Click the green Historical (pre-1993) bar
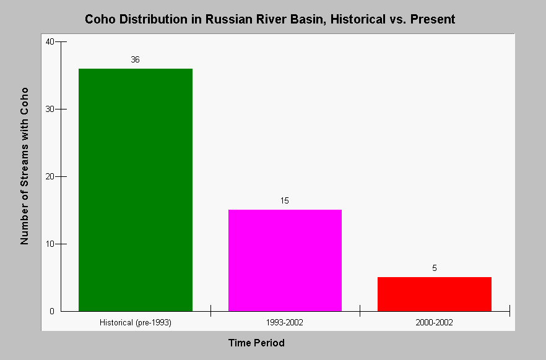click(x=136, y=190)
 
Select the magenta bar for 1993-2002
click(x=285, y=260)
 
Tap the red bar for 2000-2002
click(x=435, y=294)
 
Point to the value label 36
click(x=135, y=60)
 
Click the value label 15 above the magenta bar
click(x=285, y=200)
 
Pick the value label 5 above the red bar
click(x=434, y=268)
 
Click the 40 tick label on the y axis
click(x=50, y=41)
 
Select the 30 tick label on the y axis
click(x=50, y=109)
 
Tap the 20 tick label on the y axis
click(x=50, y=177)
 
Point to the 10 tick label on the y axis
click(x=50, y=244)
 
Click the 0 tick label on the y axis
click(x=52, y=311)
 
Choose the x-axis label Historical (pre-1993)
click(x=136, y=323)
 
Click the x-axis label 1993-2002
click(x=285, y=323)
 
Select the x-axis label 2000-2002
click(x=434, y=323)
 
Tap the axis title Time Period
click(x=257, y=343)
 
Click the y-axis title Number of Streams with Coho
click(x=24, y=166)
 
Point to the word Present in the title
click(x=433, y=19)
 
